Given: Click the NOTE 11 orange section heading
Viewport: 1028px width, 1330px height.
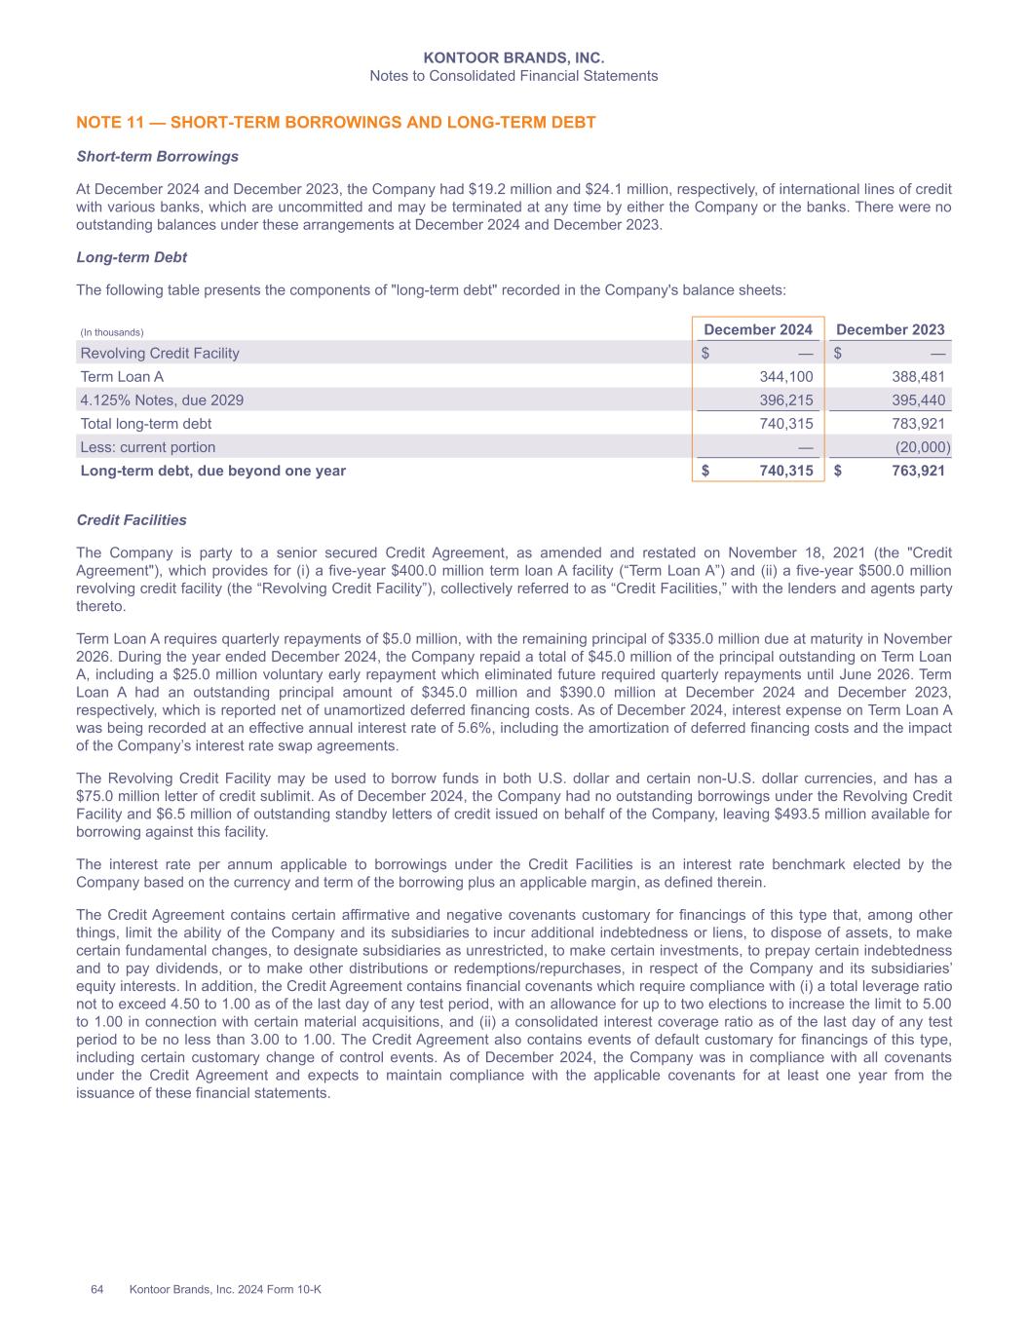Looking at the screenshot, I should pos(335,123).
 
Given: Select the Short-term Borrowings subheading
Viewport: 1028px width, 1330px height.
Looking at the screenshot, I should pos(157,156).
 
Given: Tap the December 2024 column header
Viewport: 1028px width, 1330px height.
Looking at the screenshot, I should pos(758,330).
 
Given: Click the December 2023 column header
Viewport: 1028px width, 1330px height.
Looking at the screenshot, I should pos(891,330).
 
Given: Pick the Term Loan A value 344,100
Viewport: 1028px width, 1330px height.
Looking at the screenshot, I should pos(785,377).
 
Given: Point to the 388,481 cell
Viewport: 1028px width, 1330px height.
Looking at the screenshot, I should pos(917,377).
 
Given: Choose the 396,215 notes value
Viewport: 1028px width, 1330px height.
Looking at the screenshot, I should pos(785,400).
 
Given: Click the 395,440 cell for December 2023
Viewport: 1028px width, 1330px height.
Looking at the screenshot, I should pos(917,400).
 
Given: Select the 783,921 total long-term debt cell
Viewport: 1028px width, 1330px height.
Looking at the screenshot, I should pos(917,424).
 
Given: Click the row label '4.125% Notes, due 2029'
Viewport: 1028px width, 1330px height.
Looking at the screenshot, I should pos(162,400).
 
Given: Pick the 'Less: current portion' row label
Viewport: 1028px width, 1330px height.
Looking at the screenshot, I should pos(148,447).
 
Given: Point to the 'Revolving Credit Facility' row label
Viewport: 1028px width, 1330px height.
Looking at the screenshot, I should pos(160,354).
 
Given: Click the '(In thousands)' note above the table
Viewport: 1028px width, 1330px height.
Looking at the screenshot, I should pos(111,333).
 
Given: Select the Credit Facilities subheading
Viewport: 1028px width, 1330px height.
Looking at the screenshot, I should pos(132,520).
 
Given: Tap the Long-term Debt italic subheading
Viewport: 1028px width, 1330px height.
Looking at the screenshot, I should pos(132,257).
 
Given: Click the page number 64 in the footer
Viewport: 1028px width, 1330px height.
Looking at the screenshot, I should pos(97,1289).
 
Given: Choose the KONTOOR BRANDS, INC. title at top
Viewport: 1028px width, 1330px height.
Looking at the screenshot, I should pos(514,58).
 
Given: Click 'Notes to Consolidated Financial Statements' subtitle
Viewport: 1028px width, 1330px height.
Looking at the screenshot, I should pos(514,76).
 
